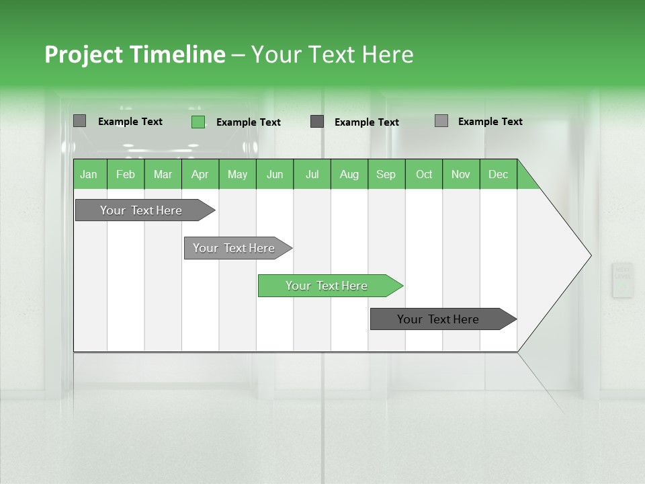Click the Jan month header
[x=89, y=174]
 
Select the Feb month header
[x=126, y=174]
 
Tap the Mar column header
[x=163, y=174]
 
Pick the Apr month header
[x=200, y=174]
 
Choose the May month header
[x=237, y=174]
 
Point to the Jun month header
[x=275, y=174]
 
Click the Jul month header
[x=312, y=174]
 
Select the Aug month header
[x=349, y=174]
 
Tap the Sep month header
[x=386, y=174]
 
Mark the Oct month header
[x=424, y=174]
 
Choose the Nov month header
[x=461, y=174]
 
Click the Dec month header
[x=499, y=174]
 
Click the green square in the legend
[x=198, y=122]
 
